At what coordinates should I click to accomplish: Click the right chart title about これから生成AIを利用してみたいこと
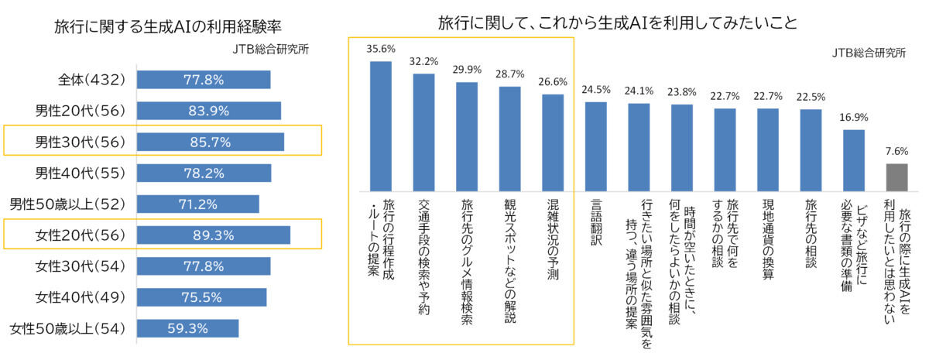click(617, 21)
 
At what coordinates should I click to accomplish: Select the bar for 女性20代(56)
click(213, 235)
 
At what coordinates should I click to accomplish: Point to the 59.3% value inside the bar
click(187, 328)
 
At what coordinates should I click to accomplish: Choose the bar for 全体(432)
click(204, 80)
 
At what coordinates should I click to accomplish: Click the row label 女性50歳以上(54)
click(67, 328)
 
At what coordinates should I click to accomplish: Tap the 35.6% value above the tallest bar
click(380, 48)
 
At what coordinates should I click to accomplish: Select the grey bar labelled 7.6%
click(895, 177)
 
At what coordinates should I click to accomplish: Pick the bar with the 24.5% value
click(595, 146)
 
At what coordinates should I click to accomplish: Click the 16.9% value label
click(852, 118)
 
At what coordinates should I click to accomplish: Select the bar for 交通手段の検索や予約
click(423, 132)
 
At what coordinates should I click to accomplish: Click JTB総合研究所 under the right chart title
click(864, 53)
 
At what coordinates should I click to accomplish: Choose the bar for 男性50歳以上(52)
click(197, 204)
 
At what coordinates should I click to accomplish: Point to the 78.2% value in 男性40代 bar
click(204, 173)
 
